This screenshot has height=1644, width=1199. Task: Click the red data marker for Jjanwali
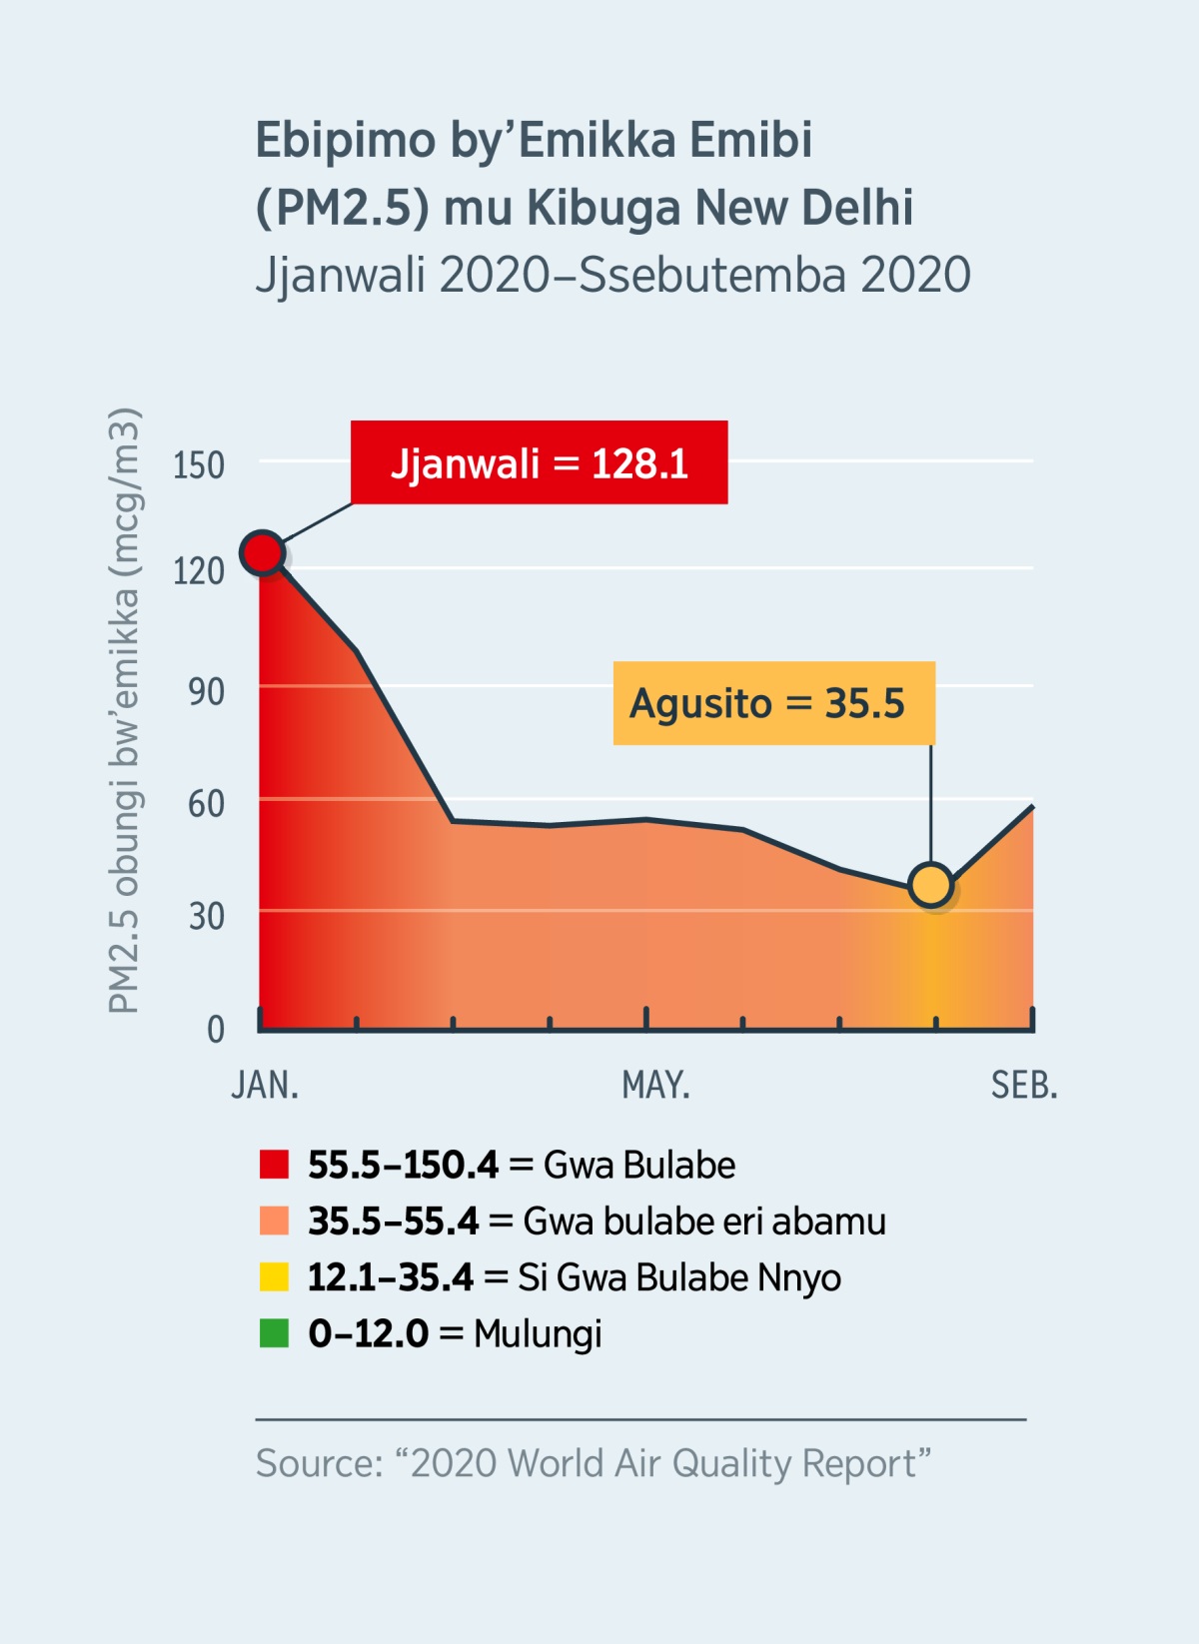click(x=263, y=552)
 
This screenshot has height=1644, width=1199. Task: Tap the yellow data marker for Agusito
click(x=931, y=885)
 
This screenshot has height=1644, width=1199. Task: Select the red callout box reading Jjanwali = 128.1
click(x=539, y=463)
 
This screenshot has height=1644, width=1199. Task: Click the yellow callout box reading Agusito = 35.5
click(x=773, y=703)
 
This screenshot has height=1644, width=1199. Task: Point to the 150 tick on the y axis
click(x=198, y=465)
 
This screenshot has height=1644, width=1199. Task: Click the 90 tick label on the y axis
click(x=206, y=691)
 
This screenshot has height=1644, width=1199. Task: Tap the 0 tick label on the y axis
click(x=215, y=1029)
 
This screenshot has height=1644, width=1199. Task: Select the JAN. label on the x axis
click(x=265, y=1085)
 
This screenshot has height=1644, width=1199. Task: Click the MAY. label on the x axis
click(x=655, y=1085)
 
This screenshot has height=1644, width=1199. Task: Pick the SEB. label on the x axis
click(x=1023, y=1085)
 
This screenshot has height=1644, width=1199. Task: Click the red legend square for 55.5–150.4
click(x=274, y=1165)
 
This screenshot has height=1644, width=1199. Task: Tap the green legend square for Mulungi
click(x=274, y=1333)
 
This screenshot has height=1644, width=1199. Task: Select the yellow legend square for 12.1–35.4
click(x=274, y=1277)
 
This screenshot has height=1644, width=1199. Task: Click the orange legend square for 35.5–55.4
click(x=274, y=1221)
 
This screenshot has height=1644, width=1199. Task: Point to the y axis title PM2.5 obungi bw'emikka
click(x=124, y=711)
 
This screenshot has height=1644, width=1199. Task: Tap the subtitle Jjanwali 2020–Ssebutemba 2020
click(x=612, y=275)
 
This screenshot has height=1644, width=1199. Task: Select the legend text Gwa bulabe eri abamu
click(x=704, y=1222)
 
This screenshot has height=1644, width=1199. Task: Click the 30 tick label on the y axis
click(x=206, y=916)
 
